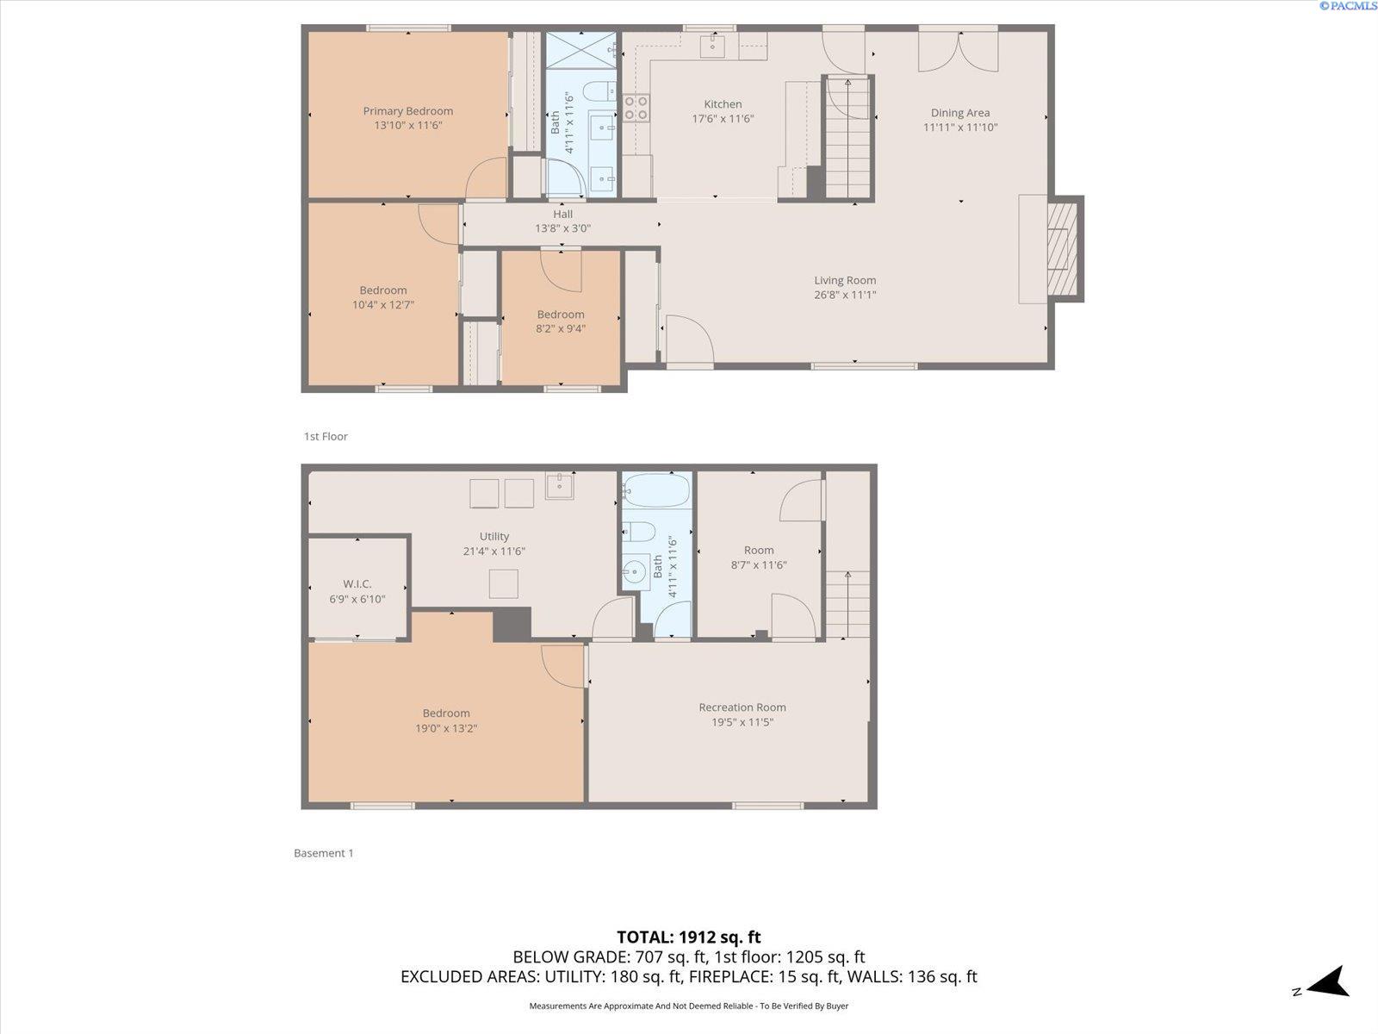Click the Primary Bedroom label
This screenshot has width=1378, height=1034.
pos(408,111)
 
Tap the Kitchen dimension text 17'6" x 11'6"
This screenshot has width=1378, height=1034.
pos(723,119)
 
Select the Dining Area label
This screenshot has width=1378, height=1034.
pos(960,113)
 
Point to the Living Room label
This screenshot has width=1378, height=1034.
pos(845,281)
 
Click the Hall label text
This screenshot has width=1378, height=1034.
pos(562,214)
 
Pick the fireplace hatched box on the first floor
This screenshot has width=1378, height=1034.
pos(1062,249)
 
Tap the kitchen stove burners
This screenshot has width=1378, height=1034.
pos(636,108)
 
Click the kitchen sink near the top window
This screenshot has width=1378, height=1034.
pos(712,46)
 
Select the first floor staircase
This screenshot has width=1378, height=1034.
pos(847,138)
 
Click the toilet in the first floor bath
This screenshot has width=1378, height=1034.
pos(600,91)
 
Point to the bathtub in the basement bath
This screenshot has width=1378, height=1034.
pos(656,491)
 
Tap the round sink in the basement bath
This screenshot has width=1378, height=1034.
pos(636,571)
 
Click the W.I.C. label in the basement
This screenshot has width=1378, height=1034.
pos(357,584)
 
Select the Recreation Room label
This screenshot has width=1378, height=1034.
pos(742,707)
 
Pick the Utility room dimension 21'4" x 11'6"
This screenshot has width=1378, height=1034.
pos(494,551)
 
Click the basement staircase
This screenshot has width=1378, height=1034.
pos(847,605)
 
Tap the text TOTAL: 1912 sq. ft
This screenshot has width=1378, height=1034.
pos(689,937)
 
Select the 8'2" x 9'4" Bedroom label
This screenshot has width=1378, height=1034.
pos(561,321)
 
